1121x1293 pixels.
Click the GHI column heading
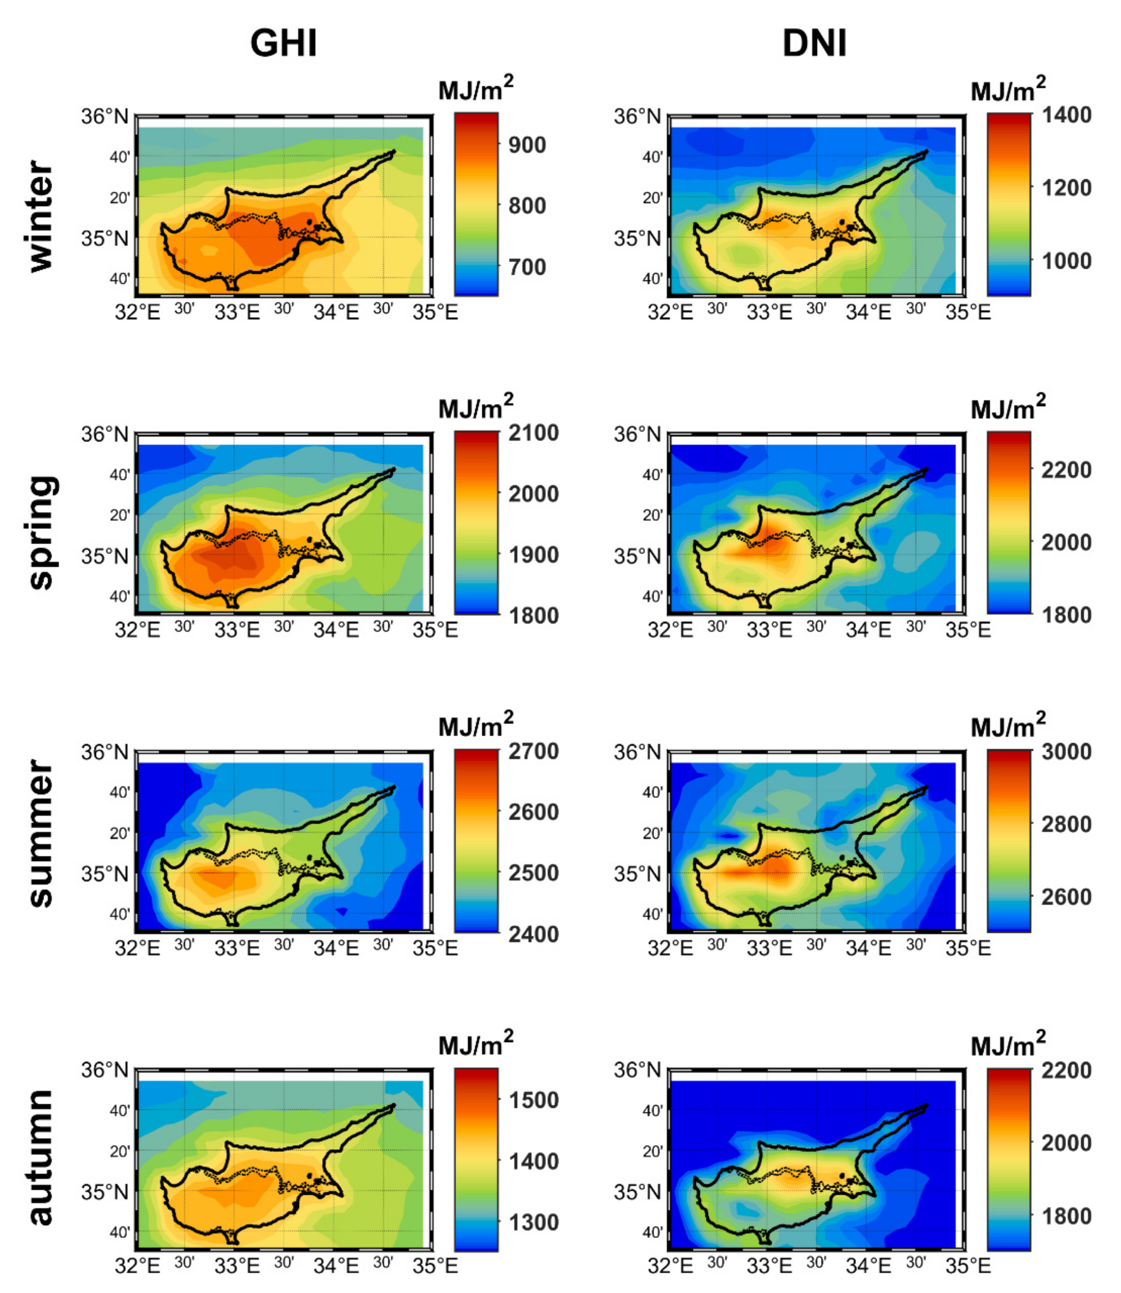point(284,44)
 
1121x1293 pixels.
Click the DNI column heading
point(815,44)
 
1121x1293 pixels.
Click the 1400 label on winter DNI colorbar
point(1067,115)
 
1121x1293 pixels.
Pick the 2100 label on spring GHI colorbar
point(533,433)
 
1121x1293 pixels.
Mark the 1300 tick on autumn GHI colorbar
point(533,1222)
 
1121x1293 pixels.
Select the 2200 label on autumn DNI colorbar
point(1067,1070)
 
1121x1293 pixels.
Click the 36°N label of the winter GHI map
point(105,117)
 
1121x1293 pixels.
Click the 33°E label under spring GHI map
point(237,630)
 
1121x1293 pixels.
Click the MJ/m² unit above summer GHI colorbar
point(475,725)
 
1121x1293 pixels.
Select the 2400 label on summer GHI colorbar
point(533,934)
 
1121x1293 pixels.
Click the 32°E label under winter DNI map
point(670,312)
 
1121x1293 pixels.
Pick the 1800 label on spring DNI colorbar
point(1067,615)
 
